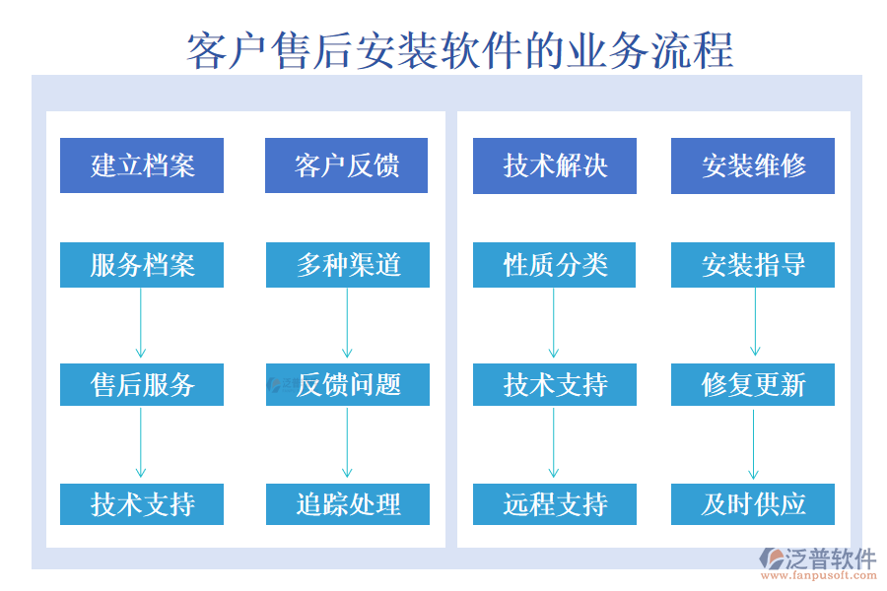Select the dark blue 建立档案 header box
142,165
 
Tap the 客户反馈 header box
347,165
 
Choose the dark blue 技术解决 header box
555,165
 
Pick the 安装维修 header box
753,165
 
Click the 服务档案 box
142,265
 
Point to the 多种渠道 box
348,265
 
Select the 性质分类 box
555,265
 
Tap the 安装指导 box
753,265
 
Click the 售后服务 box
142,384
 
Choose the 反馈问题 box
348,384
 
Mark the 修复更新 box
753,384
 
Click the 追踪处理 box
348,504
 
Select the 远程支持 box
555,504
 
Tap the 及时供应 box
753,504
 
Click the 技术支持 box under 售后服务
142,504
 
